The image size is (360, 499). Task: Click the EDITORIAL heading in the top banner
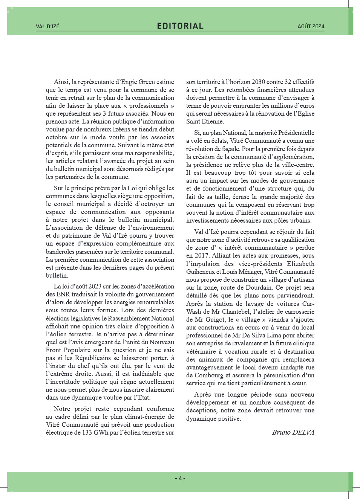click(x=180, y=26)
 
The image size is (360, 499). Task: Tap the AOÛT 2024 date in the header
click(x=311, y=26)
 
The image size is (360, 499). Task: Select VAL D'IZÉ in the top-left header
click(x=47, y=26)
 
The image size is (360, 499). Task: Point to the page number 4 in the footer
click(x=180, y=478)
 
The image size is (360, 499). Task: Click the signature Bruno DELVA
click(x=293, y=432)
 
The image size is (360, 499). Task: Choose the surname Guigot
click(x=215, y=319)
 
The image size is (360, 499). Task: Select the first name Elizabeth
click(x=300, y=264)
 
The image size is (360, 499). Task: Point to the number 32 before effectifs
click(x=288, y=82)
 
